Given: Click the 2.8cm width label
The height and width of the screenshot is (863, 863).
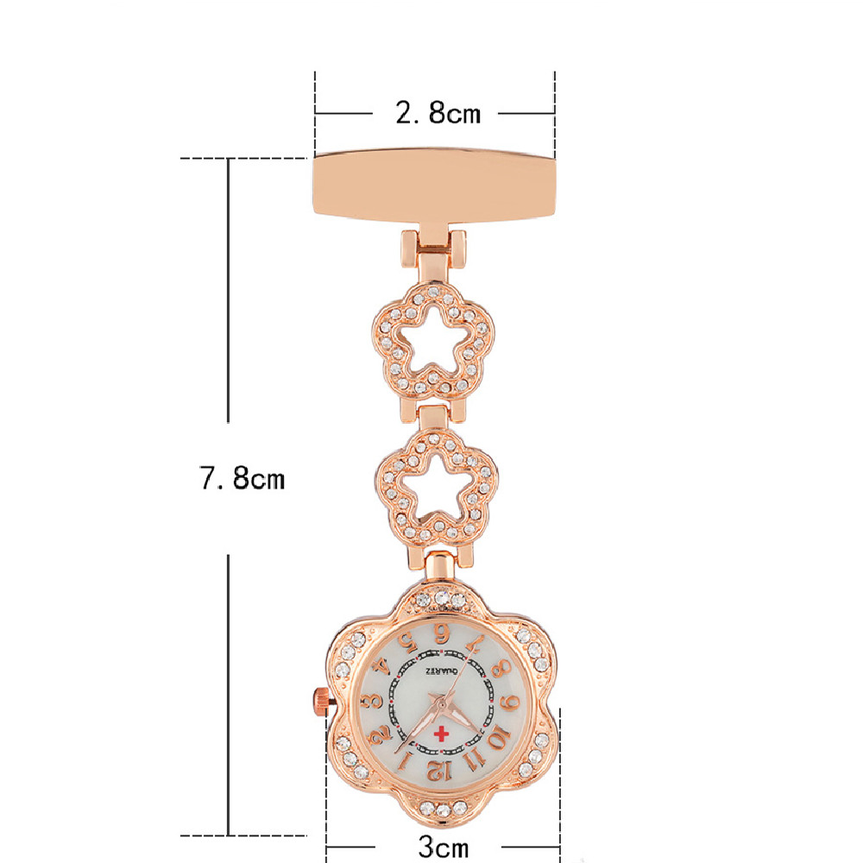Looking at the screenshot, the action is (438, 112).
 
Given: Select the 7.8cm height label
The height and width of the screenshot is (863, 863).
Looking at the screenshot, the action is (243, 478).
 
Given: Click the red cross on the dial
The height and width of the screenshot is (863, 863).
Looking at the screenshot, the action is (441, 734).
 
